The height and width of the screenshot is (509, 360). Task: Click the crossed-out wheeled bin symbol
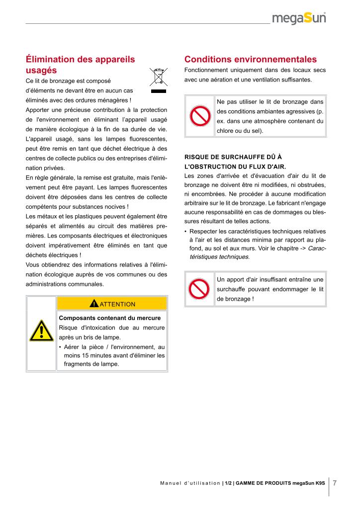pyautogui.click(x=159, y=80)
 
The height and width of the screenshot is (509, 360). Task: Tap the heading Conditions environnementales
pyautogui.click(x=251, y=59)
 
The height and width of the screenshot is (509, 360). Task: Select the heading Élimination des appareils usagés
pyautogui.click(x=80, y=65)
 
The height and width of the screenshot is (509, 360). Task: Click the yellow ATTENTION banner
pyautogui.click(x=112, y=304)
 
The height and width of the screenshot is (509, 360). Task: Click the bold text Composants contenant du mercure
pyautogui.click(x=109, y=318)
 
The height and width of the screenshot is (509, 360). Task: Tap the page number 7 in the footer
pyautogui.click(x=335, y=483)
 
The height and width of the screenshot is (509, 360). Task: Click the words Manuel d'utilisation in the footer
pyautogui.click(x=190, y=483)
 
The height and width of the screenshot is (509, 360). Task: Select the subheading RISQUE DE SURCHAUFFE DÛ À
pyautogui.click(x=233, y=157)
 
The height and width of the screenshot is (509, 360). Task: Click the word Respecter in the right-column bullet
pyautogui.click(x=205, y=231)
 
